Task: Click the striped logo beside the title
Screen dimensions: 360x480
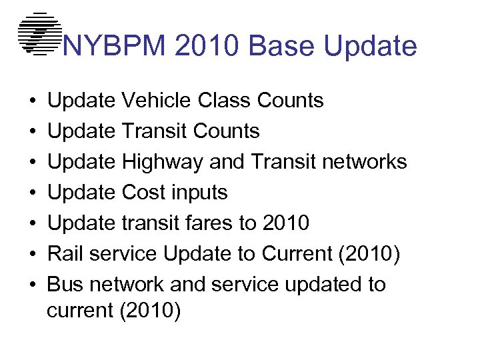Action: [39, 33]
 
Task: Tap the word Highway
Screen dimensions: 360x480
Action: [163, 162]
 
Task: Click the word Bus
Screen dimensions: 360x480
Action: [65, 285]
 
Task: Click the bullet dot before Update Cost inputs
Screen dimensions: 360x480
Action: [32, 193]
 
